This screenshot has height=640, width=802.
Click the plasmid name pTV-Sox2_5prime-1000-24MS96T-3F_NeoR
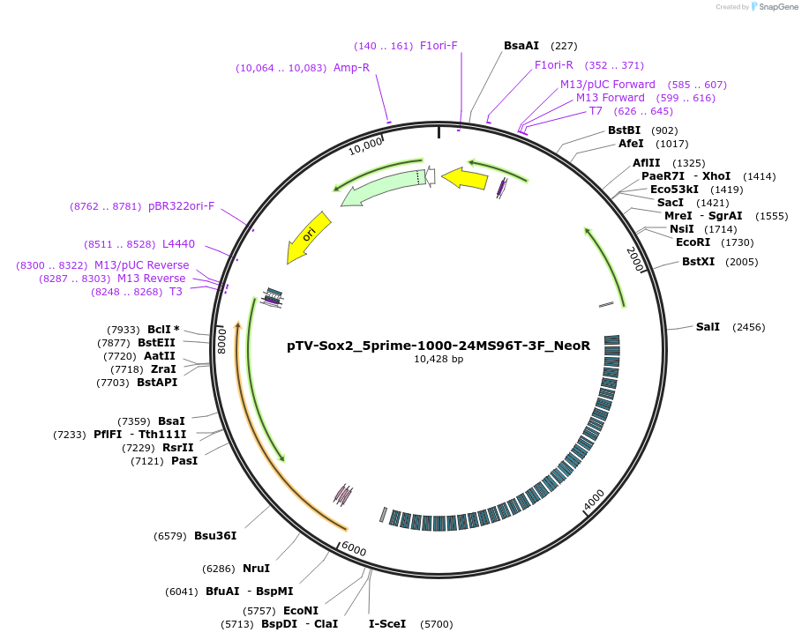[438, 346]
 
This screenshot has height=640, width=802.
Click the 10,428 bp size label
[438, 359]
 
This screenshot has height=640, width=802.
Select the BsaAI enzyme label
[521, 46]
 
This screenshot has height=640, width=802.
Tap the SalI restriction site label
[708, 327]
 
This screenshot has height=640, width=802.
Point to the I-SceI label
[387, 624]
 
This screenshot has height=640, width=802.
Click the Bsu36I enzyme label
[215, 536]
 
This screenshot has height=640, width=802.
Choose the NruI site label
[256, 569]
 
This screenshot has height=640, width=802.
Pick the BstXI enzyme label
[698, 262]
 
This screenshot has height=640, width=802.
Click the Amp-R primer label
[351, 68]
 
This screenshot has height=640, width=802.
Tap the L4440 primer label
[178, 244]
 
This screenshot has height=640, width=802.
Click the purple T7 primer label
[596, 111]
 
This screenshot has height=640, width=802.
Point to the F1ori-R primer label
[554, 65]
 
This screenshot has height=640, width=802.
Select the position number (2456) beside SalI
[749, 327]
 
